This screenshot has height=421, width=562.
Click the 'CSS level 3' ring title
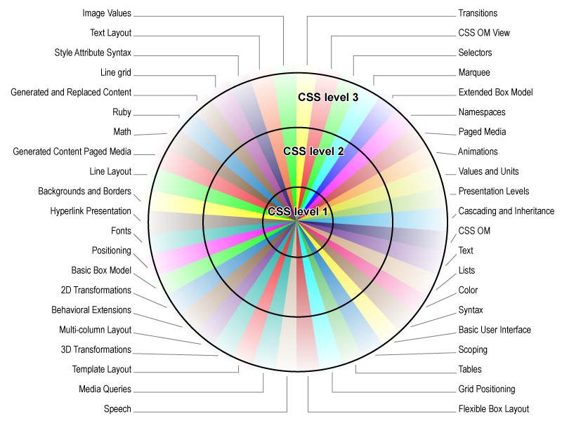coord(328,98)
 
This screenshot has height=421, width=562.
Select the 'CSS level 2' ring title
coord(313,151)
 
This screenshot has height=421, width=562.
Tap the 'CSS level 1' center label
coord(297,212)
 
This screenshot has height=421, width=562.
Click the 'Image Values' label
coord(107,13)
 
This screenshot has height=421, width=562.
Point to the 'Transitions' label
coord(478,13)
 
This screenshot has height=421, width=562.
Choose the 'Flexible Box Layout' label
coord(494,409)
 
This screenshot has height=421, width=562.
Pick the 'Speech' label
coord(117,409)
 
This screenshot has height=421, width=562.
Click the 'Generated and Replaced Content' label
coord(71,93)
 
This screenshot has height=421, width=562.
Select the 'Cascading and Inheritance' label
coord(506,211)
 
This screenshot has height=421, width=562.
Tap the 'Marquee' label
coord(474,73)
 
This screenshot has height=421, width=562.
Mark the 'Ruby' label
coord(122,112)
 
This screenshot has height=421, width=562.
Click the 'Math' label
coord(122,132)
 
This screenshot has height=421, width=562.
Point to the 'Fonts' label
coord(121,231)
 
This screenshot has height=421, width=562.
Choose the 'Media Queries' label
coord(105,389)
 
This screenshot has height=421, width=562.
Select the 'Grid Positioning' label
coord(487,389)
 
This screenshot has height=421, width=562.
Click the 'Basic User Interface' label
coord(495,330)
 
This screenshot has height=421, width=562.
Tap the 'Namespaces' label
coord(482,112)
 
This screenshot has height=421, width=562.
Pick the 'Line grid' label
coord(116,73)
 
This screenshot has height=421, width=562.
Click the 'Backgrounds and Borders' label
coord(84,191)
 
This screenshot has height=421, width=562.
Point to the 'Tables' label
coord(470,369)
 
